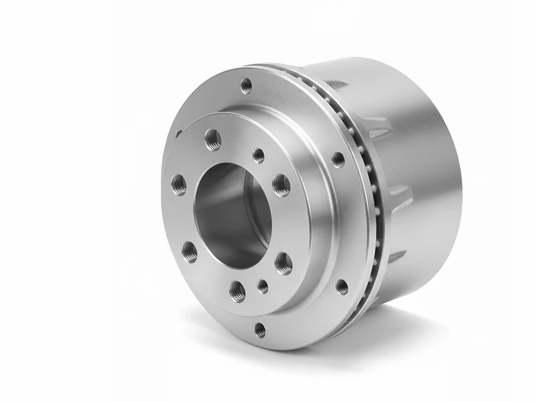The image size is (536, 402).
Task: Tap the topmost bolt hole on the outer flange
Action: click(x=246, y=85)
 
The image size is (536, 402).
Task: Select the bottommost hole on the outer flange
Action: click(x=260, y=330)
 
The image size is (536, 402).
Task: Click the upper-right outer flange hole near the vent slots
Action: click(x=338, y=159)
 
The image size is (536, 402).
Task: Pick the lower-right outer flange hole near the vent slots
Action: click(x=342, y=287)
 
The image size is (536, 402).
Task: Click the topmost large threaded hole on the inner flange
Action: click(x=213, y=139)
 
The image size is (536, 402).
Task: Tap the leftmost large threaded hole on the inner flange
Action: click(x=179, y=184)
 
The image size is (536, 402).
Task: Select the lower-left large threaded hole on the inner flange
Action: click(x=190, y=251)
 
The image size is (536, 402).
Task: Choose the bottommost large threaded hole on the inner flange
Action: click(x=237, y=290)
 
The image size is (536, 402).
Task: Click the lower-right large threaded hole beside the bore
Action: click(x=283, y=263)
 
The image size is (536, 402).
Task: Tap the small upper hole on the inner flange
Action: click(x=259, y=155)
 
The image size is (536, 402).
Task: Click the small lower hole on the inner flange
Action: click(x=263, y=287)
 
